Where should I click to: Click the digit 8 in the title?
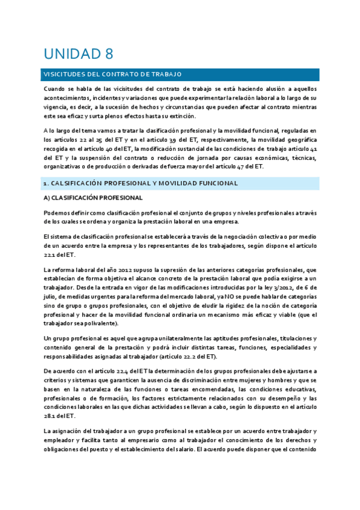point(108,54)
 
